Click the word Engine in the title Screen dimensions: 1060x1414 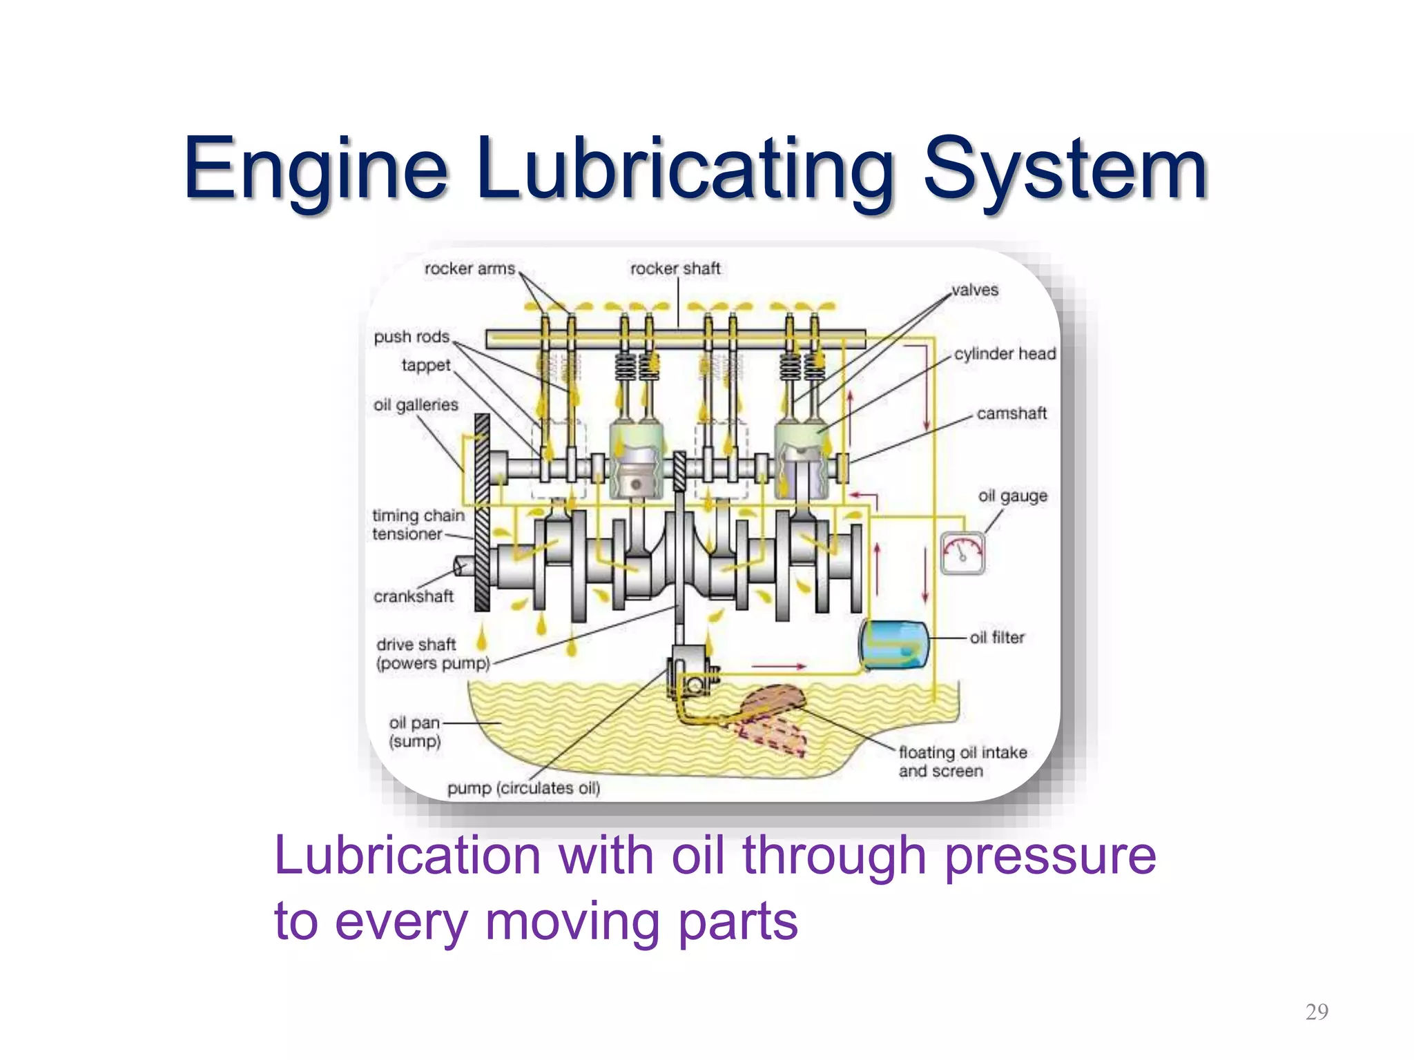316,169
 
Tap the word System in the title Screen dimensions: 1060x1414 1065,169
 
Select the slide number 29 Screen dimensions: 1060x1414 1317,1012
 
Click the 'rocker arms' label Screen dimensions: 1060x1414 469,268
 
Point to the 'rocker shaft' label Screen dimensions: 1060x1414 675,268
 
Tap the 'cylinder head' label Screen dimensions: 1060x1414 1005,353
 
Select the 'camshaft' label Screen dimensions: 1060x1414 1011,413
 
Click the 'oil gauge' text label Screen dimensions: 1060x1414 1012,495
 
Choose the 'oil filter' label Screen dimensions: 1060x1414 997,638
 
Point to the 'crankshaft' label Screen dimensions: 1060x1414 414,596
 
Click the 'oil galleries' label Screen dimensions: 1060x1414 416,404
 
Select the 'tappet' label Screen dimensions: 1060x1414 426,365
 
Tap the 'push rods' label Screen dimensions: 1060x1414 411,337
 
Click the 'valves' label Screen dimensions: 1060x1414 974,290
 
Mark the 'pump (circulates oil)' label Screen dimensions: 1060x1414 523,788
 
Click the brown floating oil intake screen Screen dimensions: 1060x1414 773,700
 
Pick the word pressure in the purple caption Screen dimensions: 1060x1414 1049,856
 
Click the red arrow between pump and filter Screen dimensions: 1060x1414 778,667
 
